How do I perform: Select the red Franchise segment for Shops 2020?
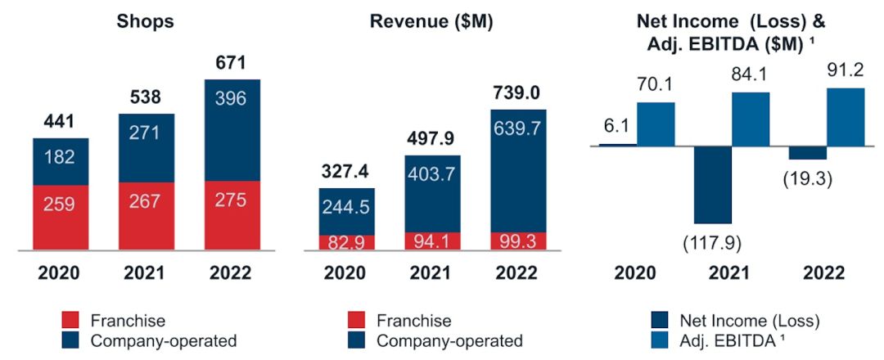tap(61, 217)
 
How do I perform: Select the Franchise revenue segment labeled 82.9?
tap(346, 242)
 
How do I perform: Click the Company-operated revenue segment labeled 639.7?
tap(518, 170)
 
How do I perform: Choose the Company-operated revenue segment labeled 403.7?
tap(431, 193)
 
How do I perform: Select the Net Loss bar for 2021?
tap(712, 185)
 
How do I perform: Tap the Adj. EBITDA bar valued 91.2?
tap(846, 116)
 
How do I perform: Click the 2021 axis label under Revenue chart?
tap(431, 272)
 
